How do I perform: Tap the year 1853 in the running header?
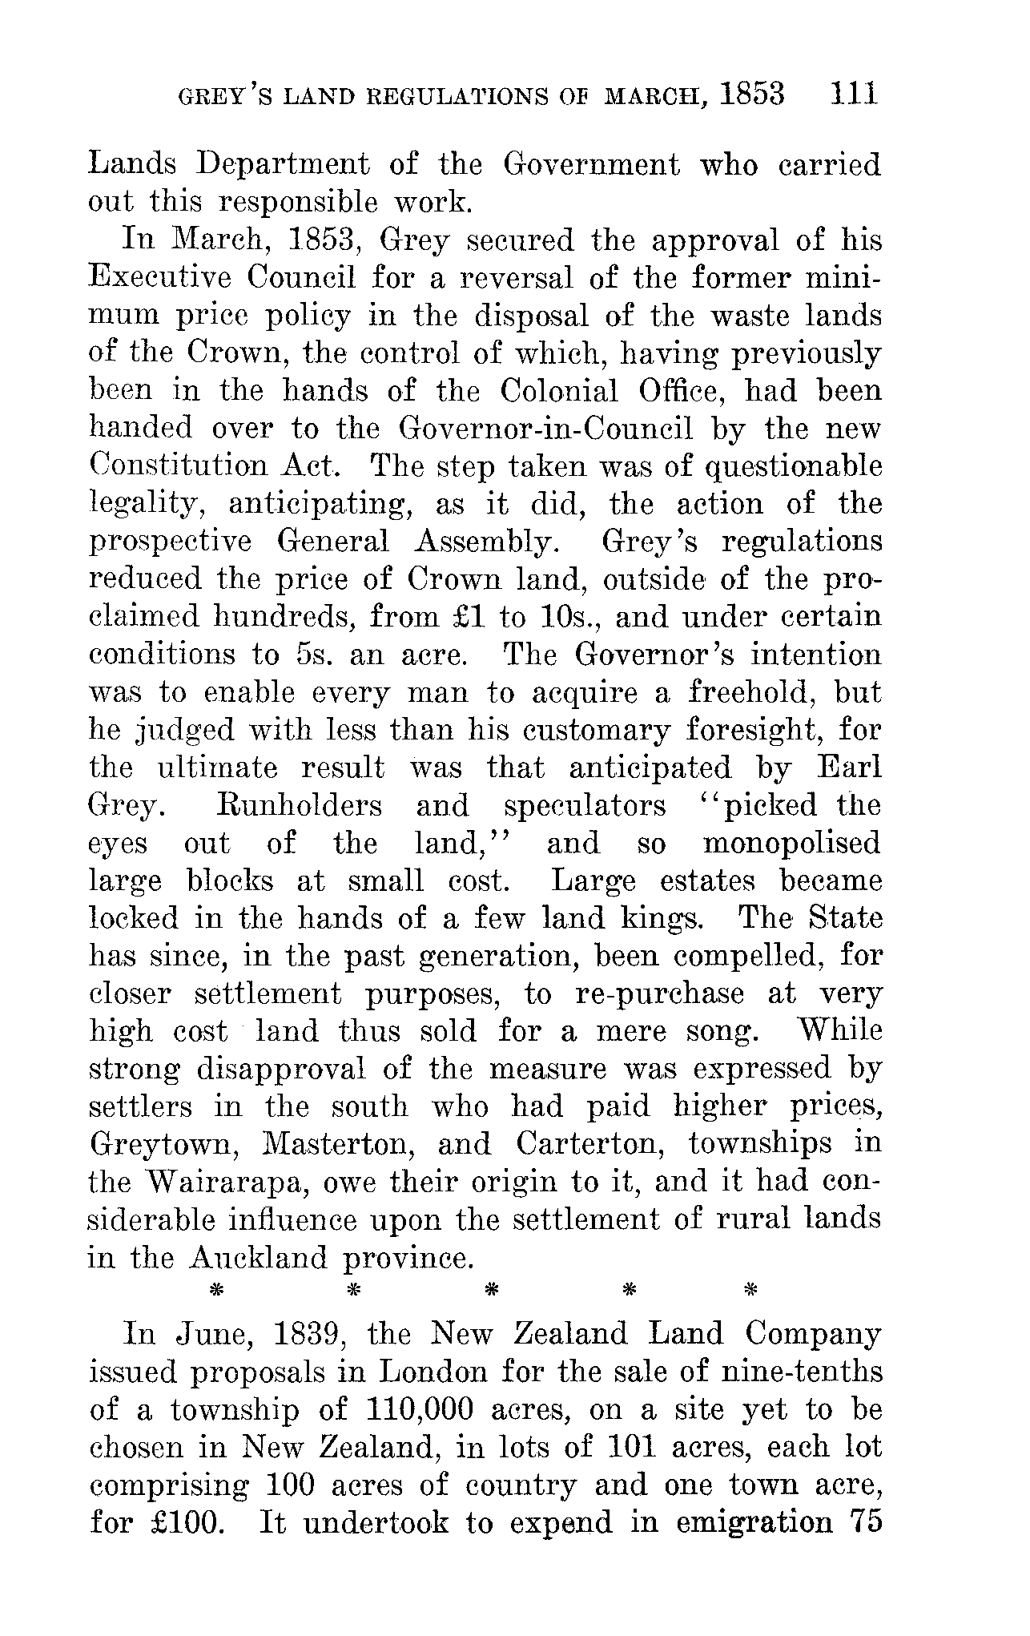point(752,94)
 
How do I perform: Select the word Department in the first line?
point(284,165)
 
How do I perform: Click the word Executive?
point(159,278)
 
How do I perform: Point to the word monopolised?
point(791,843)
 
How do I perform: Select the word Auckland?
point(258,1258)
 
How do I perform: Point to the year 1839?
point(311,1334)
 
